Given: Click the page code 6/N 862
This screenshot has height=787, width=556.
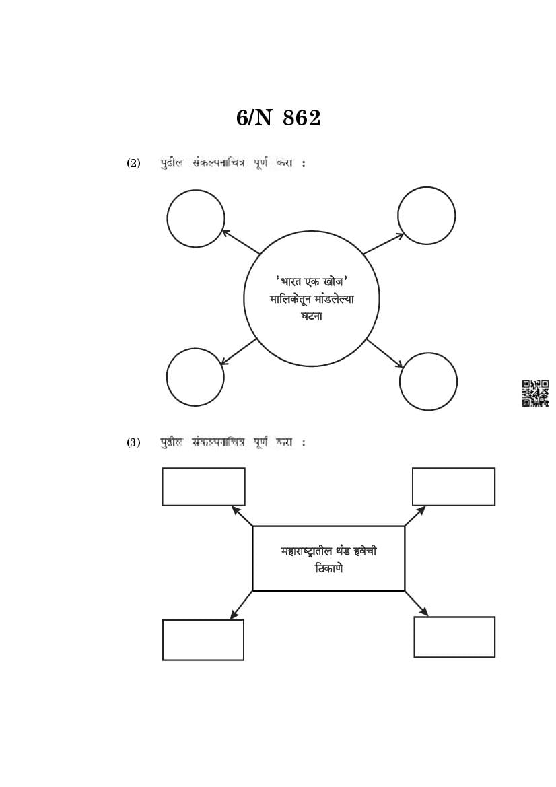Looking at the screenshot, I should (x=278, y=118).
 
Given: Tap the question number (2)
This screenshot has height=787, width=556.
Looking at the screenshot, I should (x=133, y=163).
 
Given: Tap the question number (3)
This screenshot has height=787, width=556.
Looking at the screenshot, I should (x=133, y=442).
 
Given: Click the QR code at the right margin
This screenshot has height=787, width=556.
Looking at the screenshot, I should (x=535, y=393).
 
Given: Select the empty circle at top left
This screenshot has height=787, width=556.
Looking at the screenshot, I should (x=195, y=218).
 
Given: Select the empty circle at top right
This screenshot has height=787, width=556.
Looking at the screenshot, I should (x=426, y=215).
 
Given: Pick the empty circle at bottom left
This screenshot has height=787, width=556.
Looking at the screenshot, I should (x=195, y=377).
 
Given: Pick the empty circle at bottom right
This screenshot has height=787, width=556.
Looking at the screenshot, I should (x=428, y=381).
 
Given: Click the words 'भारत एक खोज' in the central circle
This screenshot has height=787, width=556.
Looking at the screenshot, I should (x=311, y=281).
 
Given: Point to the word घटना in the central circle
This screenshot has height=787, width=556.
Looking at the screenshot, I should (x=311, y=316).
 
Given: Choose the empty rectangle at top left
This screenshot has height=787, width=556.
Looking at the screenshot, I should (x=203, y=486).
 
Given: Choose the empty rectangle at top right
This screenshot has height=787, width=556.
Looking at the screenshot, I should (x=453, y=486).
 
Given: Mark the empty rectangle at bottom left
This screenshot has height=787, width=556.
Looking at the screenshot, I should (x=203, y=640).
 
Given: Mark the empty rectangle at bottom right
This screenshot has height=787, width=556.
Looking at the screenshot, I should (x=454, y=637).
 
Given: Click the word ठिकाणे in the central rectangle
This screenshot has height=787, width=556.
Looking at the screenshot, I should (x=328, y=568).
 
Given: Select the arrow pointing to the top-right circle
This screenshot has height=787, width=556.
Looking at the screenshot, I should (x=383, y=244).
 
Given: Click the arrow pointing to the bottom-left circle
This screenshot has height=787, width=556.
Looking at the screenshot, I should (x=239, y=351).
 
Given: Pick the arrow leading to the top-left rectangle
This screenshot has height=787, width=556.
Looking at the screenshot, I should (x=242, y=516).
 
